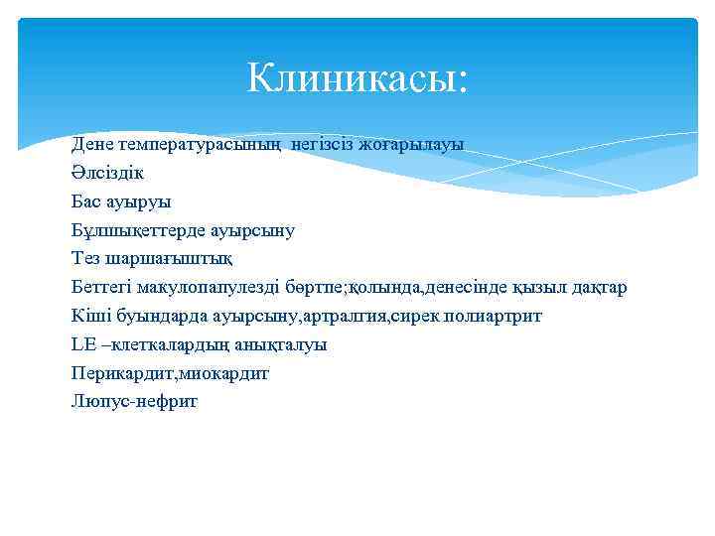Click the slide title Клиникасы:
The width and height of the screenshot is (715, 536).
357,76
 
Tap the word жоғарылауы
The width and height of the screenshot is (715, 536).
417,145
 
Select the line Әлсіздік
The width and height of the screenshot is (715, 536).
107,173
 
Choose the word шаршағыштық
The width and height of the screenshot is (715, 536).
168,259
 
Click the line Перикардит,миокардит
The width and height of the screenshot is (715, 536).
170,374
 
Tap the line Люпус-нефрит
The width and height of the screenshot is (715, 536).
134,402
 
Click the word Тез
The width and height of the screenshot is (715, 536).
86,259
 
